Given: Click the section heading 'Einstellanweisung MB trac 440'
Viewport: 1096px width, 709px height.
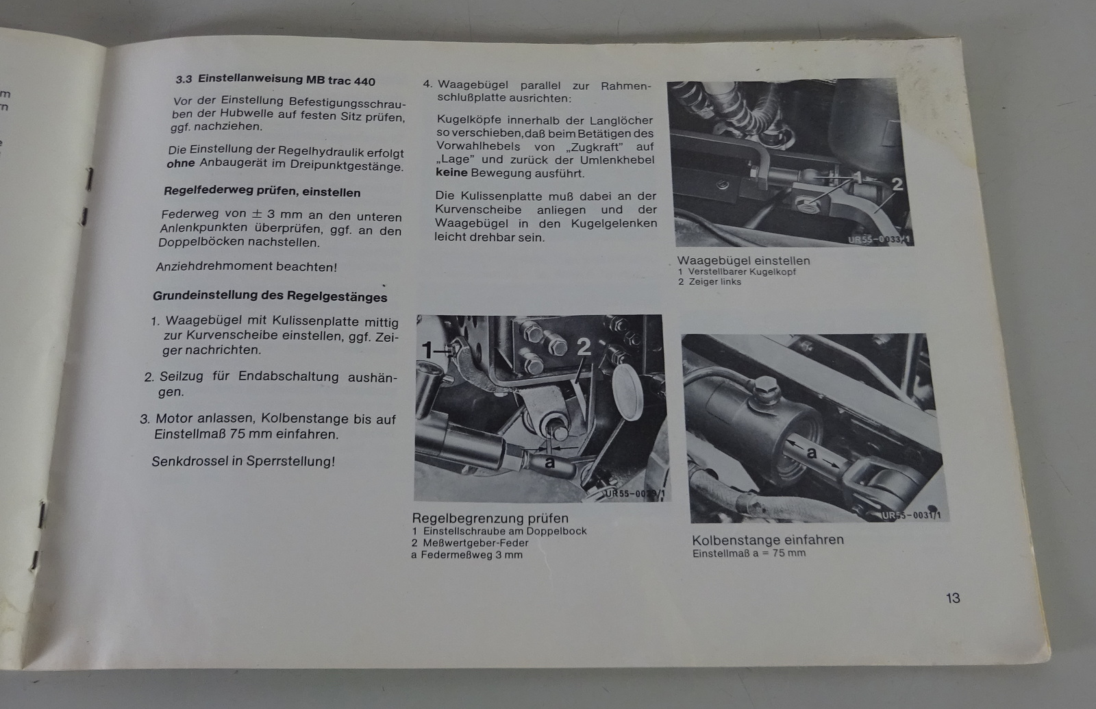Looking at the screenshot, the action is tap(286, 79).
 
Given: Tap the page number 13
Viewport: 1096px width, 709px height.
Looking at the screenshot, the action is tap(953, 598).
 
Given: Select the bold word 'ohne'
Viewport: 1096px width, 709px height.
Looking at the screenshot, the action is tap(181, 164).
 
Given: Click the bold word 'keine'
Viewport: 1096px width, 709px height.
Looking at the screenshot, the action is tap(451, 173).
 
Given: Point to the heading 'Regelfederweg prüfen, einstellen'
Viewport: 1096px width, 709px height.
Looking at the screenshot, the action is tap(262, 191).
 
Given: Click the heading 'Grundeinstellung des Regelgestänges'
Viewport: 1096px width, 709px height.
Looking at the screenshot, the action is tap(270, 296).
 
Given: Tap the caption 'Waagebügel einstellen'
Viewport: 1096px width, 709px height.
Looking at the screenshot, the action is tap(743, 260).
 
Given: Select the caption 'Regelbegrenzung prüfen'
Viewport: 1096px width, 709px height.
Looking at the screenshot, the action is tap(490, 518).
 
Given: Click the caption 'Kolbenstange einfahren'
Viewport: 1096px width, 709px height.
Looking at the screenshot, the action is tap(768, 540).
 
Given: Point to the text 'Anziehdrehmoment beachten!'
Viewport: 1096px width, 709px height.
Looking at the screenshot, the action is tap(246, 266).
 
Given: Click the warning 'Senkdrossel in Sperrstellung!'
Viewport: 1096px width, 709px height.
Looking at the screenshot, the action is tap(243, 462).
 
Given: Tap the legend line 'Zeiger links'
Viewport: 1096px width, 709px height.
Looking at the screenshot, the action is tap(714, 282).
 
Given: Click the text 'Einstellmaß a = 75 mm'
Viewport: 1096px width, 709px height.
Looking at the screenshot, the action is tap(749, 553).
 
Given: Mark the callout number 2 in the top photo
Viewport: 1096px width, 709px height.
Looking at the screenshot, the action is tap(897, 184).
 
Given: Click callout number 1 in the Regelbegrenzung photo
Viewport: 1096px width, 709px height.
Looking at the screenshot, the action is tap(427, 350).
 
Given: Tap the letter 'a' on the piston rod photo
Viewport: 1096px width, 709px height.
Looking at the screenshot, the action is tap(812, 453).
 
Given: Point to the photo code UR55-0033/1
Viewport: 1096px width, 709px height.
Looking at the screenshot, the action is tap(879, 239).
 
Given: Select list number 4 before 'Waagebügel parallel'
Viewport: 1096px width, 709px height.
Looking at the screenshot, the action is tap(427, 84).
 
